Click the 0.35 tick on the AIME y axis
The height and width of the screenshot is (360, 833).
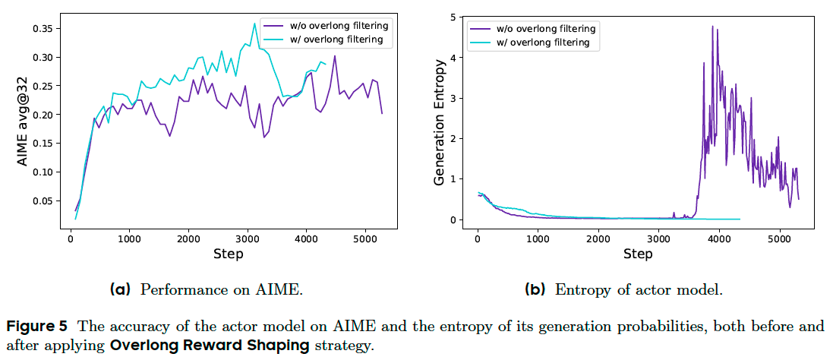point(41,29)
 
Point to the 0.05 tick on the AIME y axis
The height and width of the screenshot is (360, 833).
point(41,201)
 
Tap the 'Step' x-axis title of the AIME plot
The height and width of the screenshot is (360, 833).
point(229,254)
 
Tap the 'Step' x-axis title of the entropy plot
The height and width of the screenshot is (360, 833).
point(638,254)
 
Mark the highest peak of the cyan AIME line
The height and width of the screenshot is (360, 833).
point(254,24)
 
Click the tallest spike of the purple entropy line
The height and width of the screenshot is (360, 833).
point(712,27)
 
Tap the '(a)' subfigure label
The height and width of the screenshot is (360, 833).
point(121,289)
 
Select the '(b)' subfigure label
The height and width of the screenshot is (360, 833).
point(535,289)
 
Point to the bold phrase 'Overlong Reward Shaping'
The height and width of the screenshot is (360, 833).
point(210,346)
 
